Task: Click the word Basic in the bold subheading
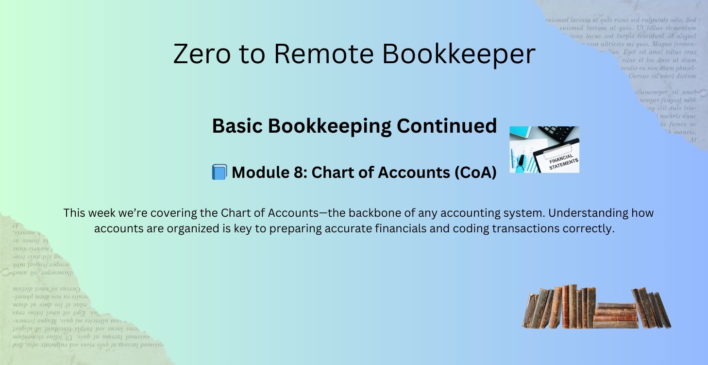[x=237, y=126]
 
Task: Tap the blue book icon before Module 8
[x=219, y=172]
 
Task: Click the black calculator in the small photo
[x=558, y=132]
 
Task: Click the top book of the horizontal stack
[x=616, y=305]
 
